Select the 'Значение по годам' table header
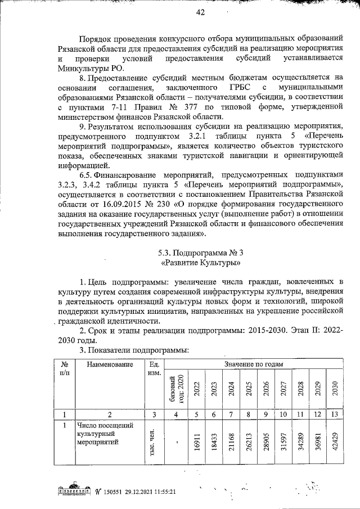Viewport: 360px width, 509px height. (x=254, y=364)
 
